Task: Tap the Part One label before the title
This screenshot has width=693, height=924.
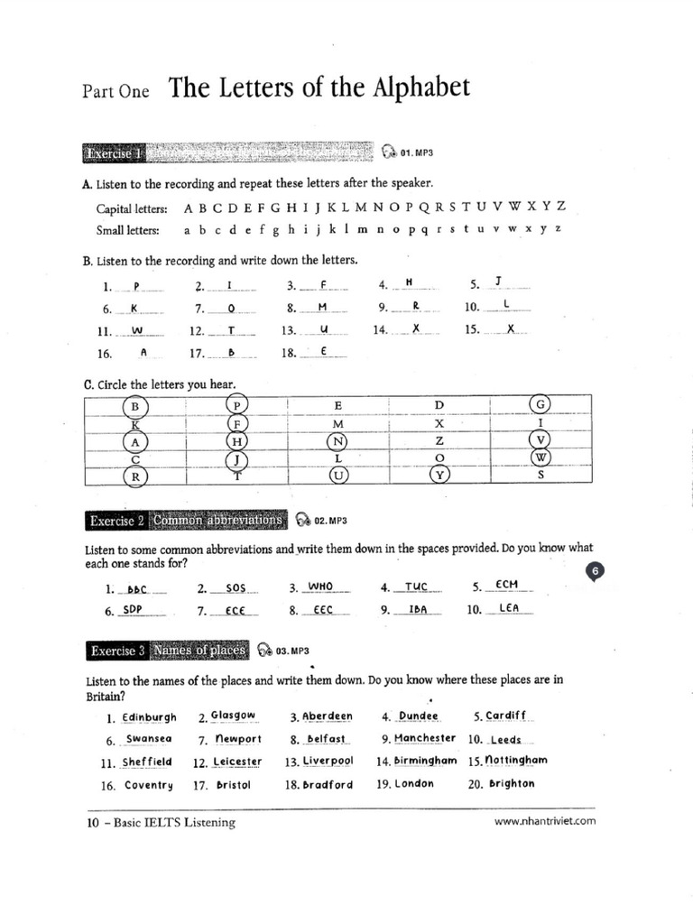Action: click(115, 91)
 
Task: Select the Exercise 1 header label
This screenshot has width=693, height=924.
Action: click(113, 153)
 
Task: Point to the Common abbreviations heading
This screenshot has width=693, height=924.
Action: click(218, 521)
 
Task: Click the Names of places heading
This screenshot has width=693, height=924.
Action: click(199, 650)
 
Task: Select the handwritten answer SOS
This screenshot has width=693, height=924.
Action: click(236, 587)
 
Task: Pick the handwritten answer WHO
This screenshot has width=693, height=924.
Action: click(321, 586)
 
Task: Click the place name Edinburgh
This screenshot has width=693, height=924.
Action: click(149, 717)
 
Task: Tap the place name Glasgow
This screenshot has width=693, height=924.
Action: click(234, 716)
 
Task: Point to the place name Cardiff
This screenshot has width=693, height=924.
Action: click(505, 716)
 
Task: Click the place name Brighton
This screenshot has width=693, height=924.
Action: click(512, 783)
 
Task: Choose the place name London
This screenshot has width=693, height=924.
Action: click(414, 783)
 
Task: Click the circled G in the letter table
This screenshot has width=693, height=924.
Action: click(541, 405)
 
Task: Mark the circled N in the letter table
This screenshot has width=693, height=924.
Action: click(338, 440)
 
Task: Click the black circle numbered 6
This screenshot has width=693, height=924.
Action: click(598, 570)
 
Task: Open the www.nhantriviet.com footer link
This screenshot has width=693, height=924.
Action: click(546, 821)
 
